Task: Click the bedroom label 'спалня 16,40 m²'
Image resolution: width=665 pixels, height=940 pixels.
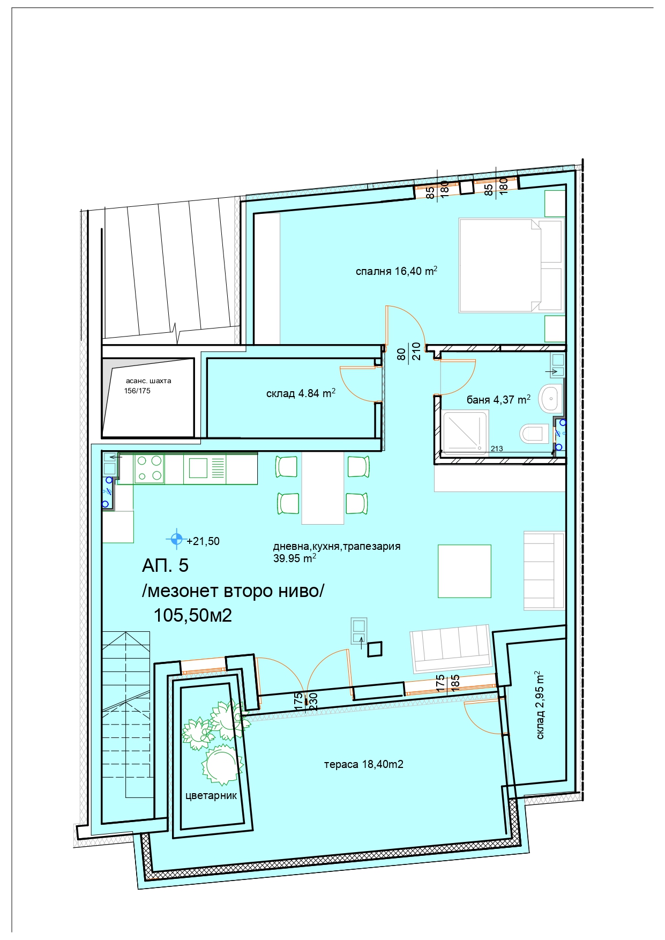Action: click(397, 271)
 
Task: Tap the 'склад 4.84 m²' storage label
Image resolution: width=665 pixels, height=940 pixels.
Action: click(301, 393)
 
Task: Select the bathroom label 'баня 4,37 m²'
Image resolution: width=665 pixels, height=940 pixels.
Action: click(498, 399)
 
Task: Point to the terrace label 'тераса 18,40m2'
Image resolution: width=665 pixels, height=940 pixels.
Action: click(363, 764)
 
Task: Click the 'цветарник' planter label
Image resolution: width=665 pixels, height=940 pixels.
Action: click(211, 796)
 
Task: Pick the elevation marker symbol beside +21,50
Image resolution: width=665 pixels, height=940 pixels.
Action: click(176, 539)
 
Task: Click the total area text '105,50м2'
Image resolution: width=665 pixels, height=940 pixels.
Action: click(193, 615)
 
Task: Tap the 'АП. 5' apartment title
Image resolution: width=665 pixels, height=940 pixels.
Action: click(165, 565)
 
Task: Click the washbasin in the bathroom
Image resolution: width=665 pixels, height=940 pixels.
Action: click(550, 398)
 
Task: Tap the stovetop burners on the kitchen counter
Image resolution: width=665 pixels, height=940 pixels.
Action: click(149, 468)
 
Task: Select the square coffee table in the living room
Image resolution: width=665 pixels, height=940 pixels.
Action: click(465, 571)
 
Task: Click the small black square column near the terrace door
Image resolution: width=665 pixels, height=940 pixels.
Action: click(375, 649)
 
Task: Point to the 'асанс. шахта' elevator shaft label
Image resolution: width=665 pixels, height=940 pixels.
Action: click(148, 381)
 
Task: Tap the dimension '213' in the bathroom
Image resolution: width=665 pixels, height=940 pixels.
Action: click(497, 449)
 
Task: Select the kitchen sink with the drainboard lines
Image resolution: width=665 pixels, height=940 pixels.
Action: click(205, 467)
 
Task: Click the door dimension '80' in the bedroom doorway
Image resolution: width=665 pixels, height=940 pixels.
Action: click(401, 354)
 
